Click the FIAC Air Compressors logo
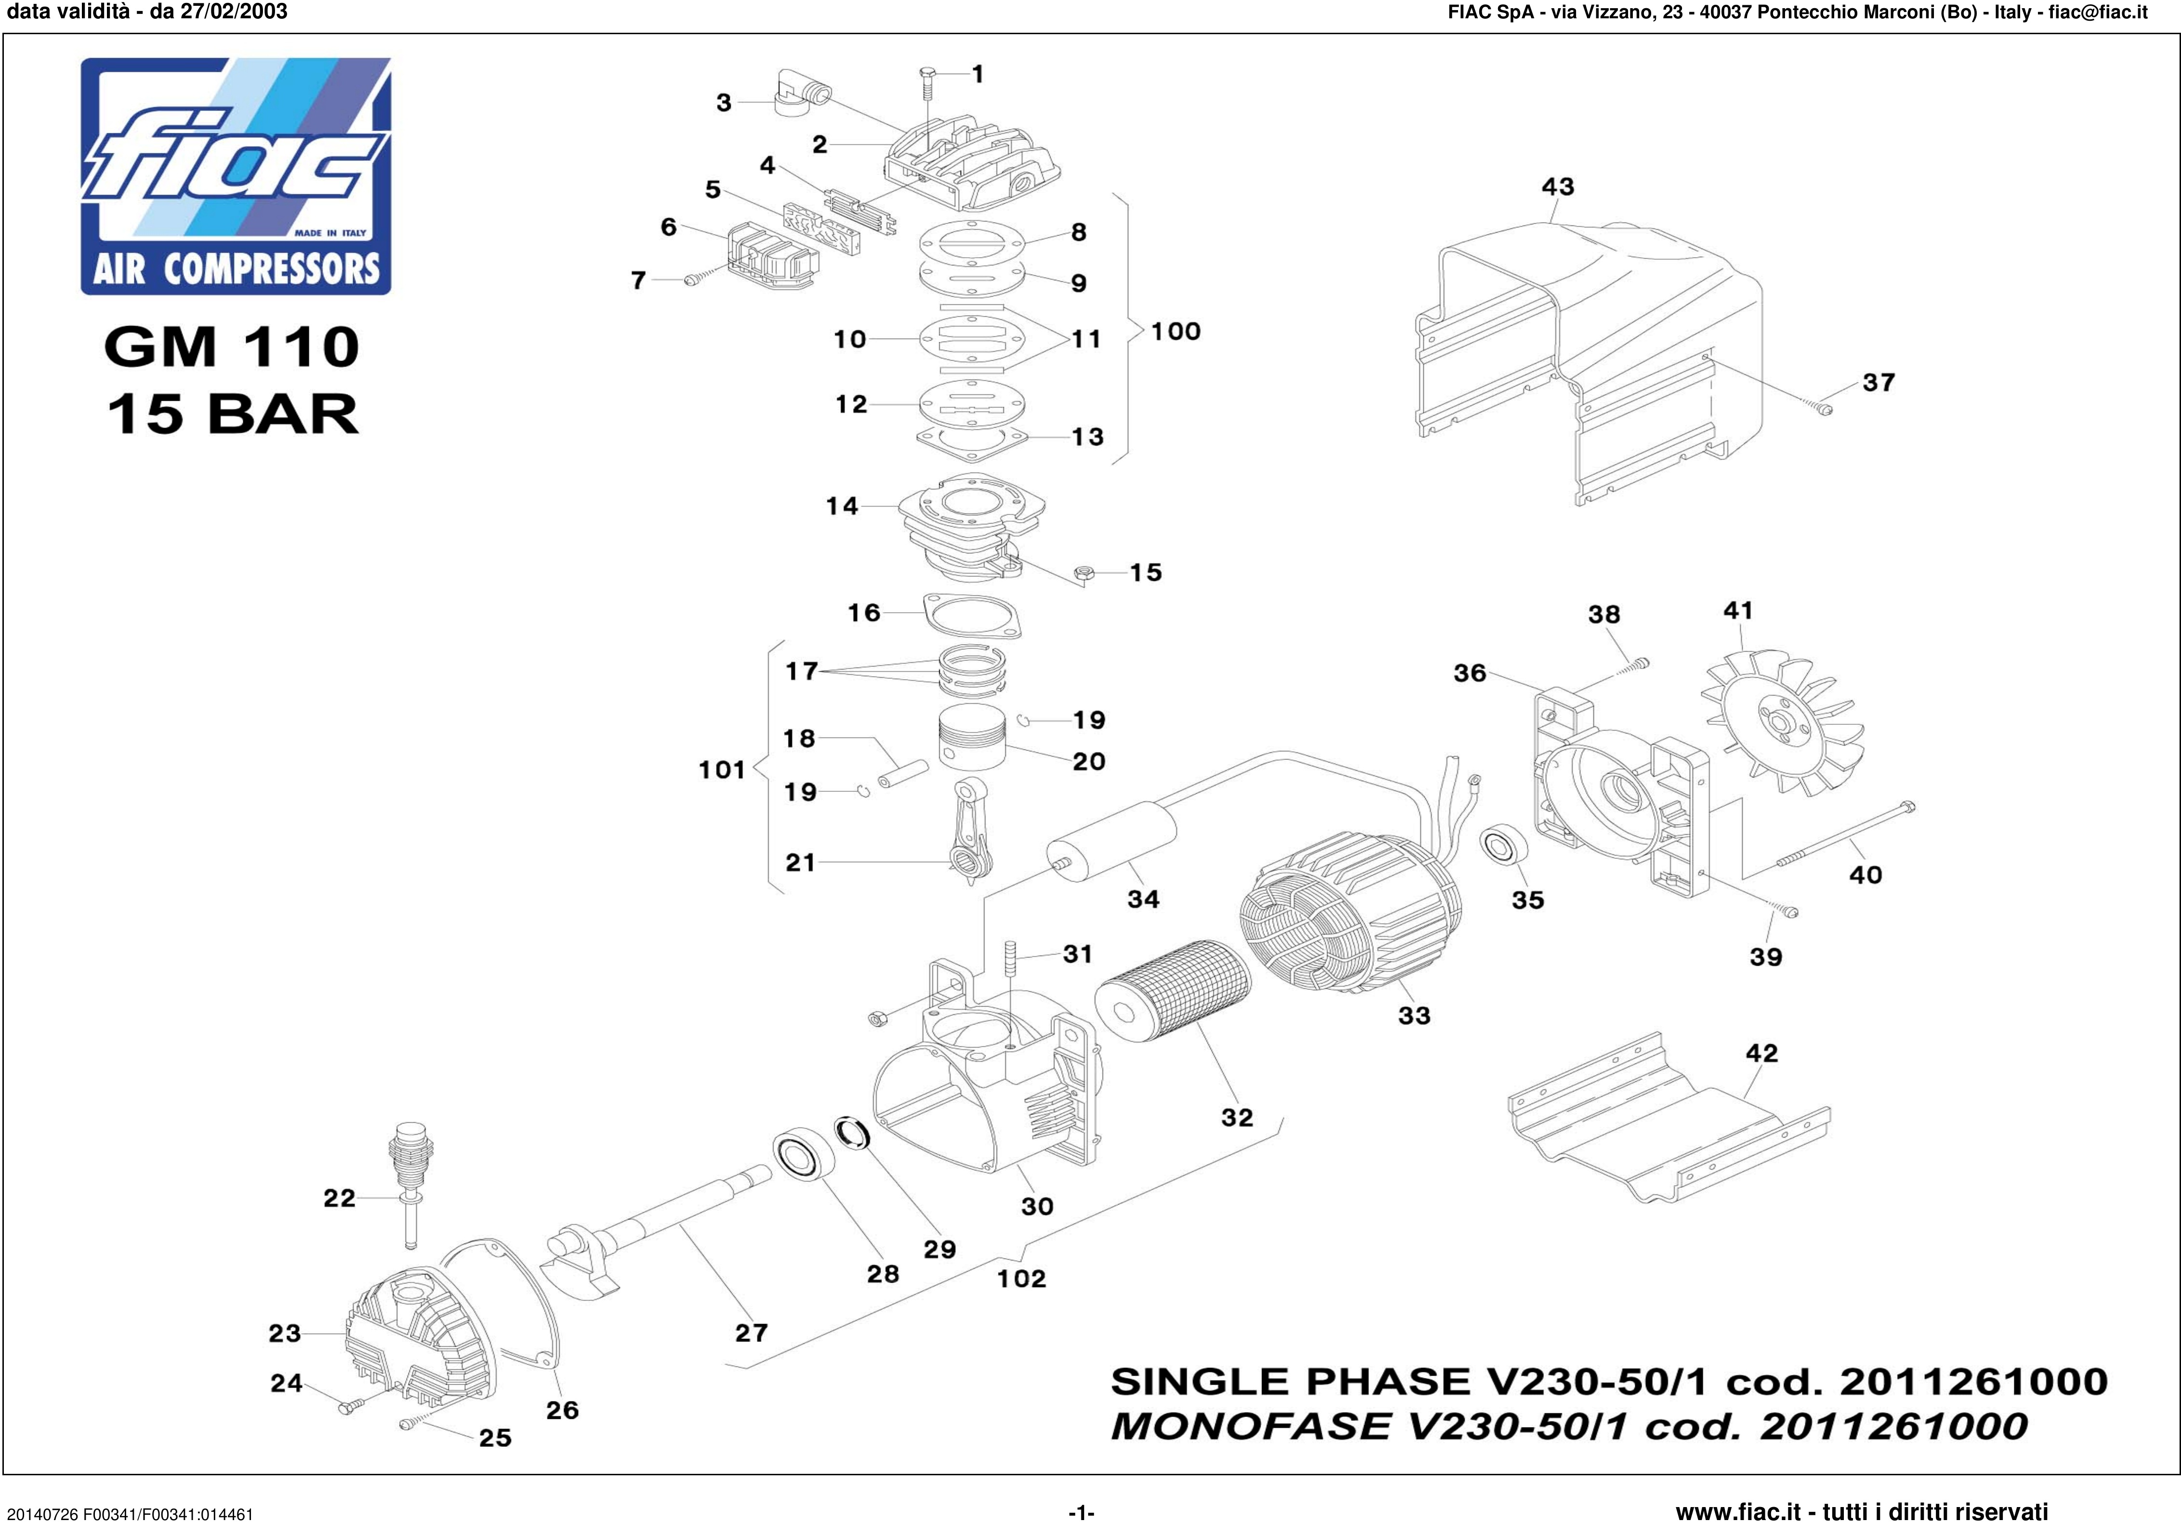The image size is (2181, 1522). pos(236,176)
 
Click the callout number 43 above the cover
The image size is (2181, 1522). pos(1558,186)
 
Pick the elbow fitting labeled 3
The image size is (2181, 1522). pos(801,93)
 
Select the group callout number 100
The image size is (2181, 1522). pos(1176,331)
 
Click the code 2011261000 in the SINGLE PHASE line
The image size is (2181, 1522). pos(1974,1380)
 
